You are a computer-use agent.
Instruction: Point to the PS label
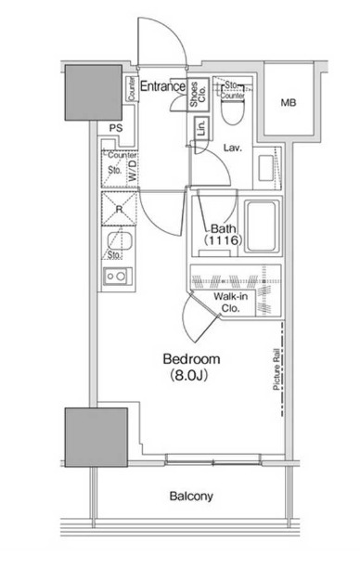(x=116, y=129)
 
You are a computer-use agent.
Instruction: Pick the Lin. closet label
(x=201, y=130)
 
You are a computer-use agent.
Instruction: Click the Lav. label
(x=233, y=147)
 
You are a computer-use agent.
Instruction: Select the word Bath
(x=223, y=228)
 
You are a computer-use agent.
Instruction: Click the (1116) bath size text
(x=223, y=241)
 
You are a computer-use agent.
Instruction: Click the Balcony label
(x=190, y=497)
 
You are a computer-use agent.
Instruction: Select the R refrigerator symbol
(x=120, y=209)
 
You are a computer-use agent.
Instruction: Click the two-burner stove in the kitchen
(x=118, y=276)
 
